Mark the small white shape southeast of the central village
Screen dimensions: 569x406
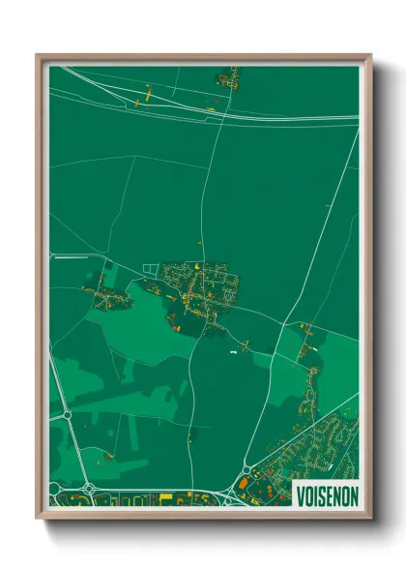pyautogui.click(x=233, y=351)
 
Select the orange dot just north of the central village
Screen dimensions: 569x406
pyautogui.click(x=199, y=241)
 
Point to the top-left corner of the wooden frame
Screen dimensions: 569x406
pyautogui.click(x=38, y=55)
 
